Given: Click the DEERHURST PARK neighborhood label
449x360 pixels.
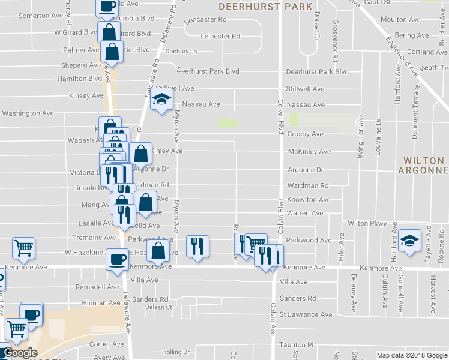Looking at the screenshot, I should coord(265,7).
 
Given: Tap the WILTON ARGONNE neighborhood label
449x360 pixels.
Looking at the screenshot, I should coord(424,166).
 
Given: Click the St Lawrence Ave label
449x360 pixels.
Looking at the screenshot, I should coord(306,314).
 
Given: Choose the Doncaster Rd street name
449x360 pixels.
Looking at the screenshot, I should coord(205,20).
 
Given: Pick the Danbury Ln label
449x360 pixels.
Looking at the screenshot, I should coord(181,52).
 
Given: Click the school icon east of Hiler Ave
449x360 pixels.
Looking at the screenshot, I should coord(410,242).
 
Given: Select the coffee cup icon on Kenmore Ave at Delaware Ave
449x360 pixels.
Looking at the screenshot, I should coord(116,259).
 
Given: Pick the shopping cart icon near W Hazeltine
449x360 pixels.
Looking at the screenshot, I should coord(23,247).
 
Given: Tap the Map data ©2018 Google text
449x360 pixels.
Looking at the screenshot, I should coord(411,355).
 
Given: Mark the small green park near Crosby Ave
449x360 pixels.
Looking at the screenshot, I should coord(228,123).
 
